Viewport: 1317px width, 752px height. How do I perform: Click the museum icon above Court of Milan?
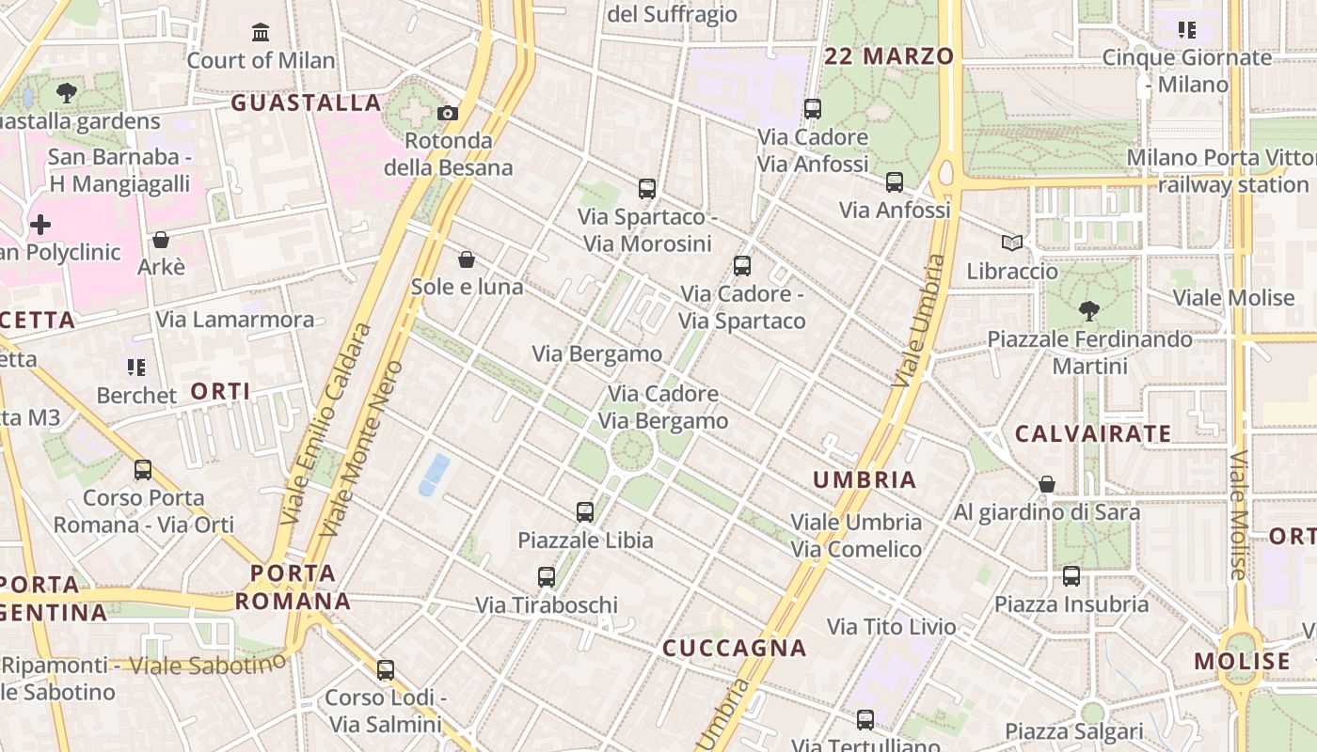click(x=261, y=34)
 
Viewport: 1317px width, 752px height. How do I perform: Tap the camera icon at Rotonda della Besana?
click(x=448, y=114)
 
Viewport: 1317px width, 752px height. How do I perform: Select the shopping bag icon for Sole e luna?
click(x=467, y=259)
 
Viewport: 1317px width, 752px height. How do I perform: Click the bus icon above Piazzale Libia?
click(x=585, y=512)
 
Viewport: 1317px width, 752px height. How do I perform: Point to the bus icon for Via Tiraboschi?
click(x=547, y=577)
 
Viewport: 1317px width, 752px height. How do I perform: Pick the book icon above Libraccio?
click(x=1012, y=243)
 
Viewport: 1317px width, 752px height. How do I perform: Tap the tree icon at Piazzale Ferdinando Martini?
click(x=1089, y=310)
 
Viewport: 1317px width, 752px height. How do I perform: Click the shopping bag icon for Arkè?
click(x=161, y=240)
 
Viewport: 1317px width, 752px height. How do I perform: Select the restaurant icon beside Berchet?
click(x=136, y=367)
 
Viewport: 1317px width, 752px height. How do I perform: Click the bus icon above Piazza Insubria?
click(x=1071, y=576)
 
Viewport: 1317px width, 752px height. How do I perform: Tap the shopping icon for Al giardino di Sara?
click(x=1047, y=484)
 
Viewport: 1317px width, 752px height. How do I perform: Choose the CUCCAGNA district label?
click(x=735, y=648)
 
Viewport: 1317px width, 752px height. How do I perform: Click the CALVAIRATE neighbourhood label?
click(x=1093, y=433)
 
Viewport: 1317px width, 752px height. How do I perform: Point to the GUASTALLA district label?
click(x=307, y=102)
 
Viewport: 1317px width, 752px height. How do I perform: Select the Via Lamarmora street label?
click(x=235, y=319)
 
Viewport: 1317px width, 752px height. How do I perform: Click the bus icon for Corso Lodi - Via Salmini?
click(x=386, y=670)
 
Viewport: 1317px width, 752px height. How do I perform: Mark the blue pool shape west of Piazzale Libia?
click(x=434, y=474)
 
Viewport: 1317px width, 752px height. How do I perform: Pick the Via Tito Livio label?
click(x=891, y=626)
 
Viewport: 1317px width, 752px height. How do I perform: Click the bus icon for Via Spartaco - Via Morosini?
click(x=647, y=189)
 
